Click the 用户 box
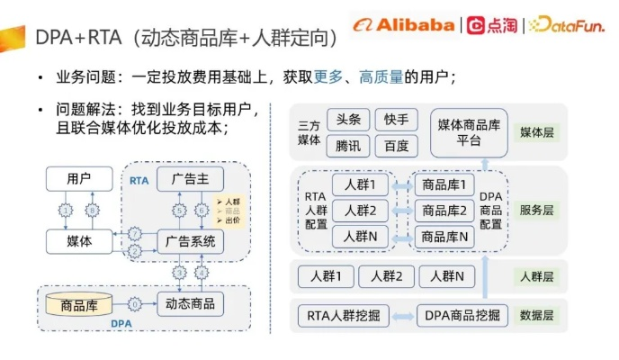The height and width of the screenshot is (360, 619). point(79,179)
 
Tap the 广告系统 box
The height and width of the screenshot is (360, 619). point(191,240)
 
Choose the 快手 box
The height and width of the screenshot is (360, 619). point(396,120)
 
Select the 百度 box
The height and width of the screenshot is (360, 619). point(396,145)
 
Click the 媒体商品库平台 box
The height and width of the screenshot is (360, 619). point(470,131)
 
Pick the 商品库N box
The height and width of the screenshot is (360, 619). point(444,238)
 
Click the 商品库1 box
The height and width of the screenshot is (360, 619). point(444,185)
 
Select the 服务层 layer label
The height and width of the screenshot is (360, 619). point(537,211)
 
